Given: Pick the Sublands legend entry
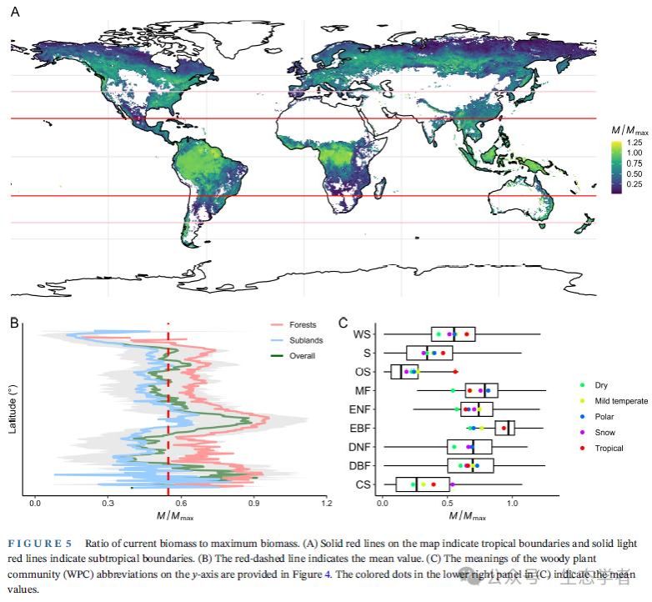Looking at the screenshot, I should coord(306,340).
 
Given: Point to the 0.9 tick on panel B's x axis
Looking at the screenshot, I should coord(253,504).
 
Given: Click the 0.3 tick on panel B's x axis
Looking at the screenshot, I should coord(108,504).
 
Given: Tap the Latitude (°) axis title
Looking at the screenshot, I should coord(13,409).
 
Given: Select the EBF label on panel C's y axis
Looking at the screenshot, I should coord(363,429).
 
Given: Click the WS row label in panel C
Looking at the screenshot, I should coord(362,334).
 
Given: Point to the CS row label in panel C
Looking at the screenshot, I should coord(364,484).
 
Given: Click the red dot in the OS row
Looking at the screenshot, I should coord(455,372).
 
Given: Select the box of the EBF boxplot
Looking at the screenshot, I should coord(505,428).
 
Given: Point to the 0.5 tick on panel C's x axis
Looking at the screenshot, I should coord(447,504).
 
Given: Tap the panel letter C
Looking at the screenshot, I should coord(344,321).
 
